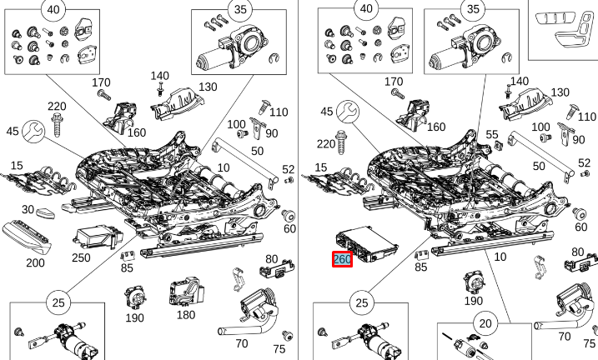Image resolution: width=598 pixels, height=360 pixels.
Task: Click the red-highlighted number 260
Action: tap(342, 260)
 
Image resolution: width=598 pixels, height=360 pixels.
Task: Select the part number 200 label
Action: tap(36, 262)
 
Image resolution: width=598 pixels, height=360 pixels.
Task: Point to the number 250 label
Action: tap(81, 257)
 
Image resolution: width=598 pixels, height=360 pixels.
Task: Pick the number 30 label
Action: tap(28, 210)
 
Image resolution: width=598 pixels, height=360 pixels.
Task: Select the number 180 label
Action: tap(186, 314)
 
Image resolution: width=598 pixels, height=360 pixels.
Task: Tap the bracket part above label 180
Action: tap(185, 291)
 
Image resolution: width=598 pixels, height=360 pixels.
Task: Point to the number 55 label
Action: tap(492, 134)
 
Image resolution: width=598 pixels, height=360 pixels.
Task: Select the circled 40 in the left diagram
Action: tap(53, 10)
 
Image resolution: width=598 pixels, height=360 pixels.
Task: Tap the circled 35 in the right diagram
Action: tap(472, 10)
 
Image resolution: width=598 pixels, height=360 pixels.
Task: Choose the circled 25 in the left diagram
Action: tap(57, 302)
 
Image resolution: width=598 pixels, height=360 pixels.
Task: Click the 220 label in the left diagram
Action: tap(57, 106)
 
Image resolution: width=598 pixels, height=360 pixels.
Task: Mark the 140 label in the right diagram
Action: tap(519, 81)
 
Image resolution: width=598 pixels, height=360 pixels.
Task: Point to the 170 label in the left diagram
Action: tap(101, 82)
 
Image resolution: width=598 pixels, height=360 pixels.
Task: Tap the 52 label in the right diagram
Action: tap(583, 163)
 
